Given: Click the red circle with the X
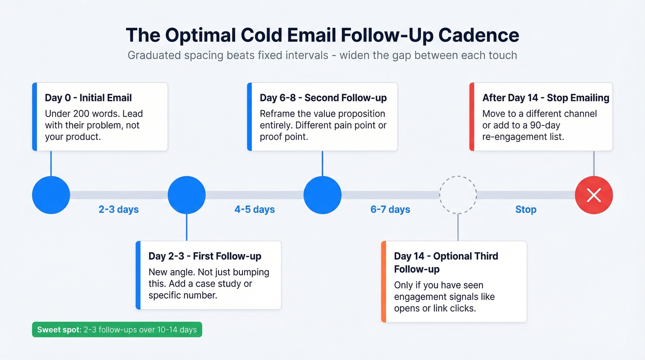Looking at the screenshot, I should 593,195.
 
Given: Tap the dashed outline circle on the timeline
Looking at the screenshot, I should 458,195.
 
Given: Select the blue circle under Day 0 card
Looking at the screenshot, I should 51,195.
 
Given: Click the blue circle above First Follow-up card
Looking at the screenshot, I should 187,195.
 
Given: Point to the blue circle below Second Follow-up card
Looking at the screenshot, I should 322,195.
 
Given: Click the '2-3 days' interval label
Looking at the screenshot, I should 118,210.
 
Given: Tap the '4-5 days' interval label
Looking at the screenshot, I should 254,210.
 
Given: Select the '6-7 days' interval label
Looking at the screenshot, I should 390,210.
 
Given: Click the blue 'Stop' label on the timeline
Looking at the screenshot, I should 526,210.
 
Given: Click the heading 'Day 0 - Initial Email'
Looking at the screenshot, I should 88,98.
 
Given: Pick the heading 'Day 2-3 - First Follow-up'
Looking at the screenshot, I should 205,256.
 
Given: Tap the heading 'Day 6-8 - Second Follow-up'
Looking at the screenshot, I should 323,98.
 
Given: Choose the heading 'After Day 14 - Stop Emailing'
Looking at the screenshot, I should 545,98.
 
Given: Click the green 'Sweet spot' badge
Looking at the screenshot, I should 117,330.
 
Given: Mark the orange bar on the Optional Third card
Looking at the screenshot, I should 383,281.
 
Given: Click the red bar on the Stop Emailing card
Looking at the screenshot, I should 472,117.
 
